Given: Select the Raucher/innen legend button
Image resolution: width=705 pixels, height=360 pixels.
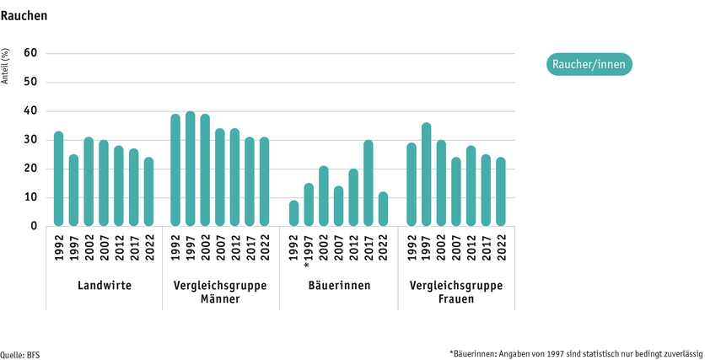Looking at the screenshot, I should [x=589, y=64].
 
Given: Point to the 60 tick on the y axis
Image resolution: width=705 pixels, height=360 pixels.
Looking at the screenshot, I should [x=31, y=54].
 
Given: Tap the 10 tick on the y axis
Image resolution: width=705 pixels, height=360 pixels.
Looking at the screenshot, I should [x=31, y=198].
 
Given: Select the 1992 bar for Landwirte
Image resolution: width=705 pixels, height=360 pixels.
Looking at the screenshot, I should [x=58, y=179].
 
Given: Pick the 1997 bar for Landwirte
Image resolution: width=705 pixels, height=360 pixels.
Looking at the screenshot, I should [x=73, y=191].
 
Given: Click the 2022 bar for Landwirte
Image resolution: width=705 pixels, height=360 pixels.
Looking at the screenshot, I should [x=148, y=191].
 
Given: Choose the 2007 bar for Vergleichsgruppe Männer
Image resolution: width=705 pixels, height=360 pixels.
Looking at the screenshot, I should [x=221, y=177].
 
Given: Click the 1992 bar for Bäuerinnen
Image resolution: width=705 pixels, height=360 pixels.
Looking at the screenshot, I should [x=293, y=213].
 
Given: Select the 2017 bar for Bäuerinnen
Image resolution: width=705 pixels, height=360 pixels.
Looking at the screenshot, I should [x=369, y=183].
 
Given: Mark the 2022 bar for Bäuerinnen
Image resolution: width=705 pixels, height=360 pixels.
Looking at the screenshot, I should [x=384, y=209].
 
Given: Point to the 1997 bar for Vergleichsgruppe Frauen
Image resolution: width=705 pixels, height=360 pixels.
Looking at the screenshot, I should [x=427, y=175].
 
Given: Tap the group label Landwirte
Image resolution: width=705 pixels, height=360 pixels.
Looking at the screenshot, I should [x=103, y=286].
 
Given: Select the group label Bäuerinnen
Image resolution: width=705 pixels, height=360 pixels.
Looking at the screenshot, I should [x=338, y=286].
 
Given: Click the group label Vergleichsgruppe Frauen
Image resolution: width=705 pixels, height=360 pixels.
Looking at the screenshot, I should [x=456, y=292].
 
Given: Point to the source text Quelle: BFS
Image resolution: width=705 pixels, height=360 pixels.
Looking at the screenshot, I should [x=20, y=354].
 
